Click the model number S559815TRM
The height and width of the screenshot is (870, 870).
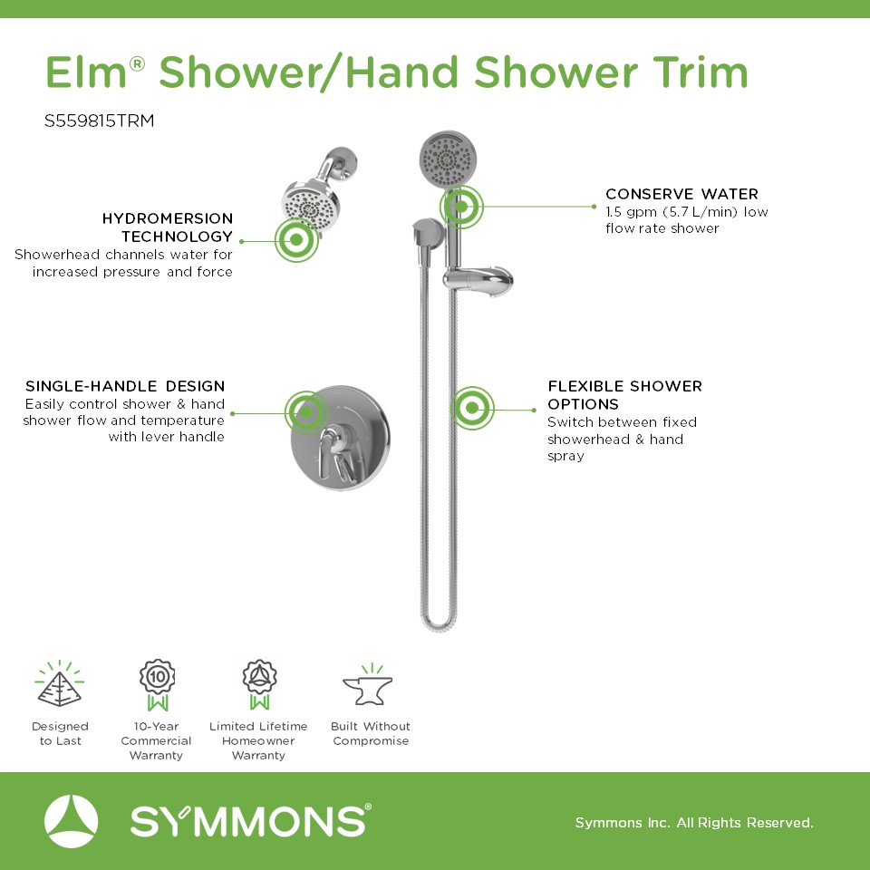coord(100,121)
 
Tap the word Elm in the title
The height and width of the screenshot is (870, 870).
coord(86,72)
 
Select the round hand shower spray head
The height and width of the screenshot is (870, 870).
coord(448,159)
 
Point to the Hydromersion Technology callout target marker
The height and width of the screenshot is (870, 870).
coord(297,239)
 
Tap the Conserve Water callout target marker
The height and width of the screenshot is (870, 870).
coord(461,207)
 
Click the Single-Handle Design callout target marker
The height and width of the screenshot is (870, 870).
coord(306,413)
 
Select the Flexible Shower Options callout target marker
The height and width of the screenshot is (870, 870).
coord(472,409)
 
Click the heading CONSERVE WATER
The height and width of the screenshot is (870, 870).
coord(681,194)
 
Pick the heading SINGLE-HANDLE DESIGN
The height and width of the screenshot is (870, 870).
coord(125,386)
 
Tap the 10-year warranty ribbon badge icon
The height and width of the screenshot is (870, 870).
coord(158,685)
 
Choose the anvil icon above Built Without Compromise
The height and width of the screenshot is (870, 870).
coord(368,685)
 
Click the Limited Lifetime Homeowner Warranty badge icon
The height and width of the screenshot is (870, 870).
coord(259,685)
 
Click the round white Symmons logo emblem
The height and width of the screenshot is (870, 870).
coord(71,821)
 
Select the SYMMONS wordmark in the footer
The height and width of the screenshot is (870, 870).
coord(250,821)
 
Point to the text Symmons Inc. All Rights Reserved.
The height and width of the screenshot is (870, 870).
coord(694,822)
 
